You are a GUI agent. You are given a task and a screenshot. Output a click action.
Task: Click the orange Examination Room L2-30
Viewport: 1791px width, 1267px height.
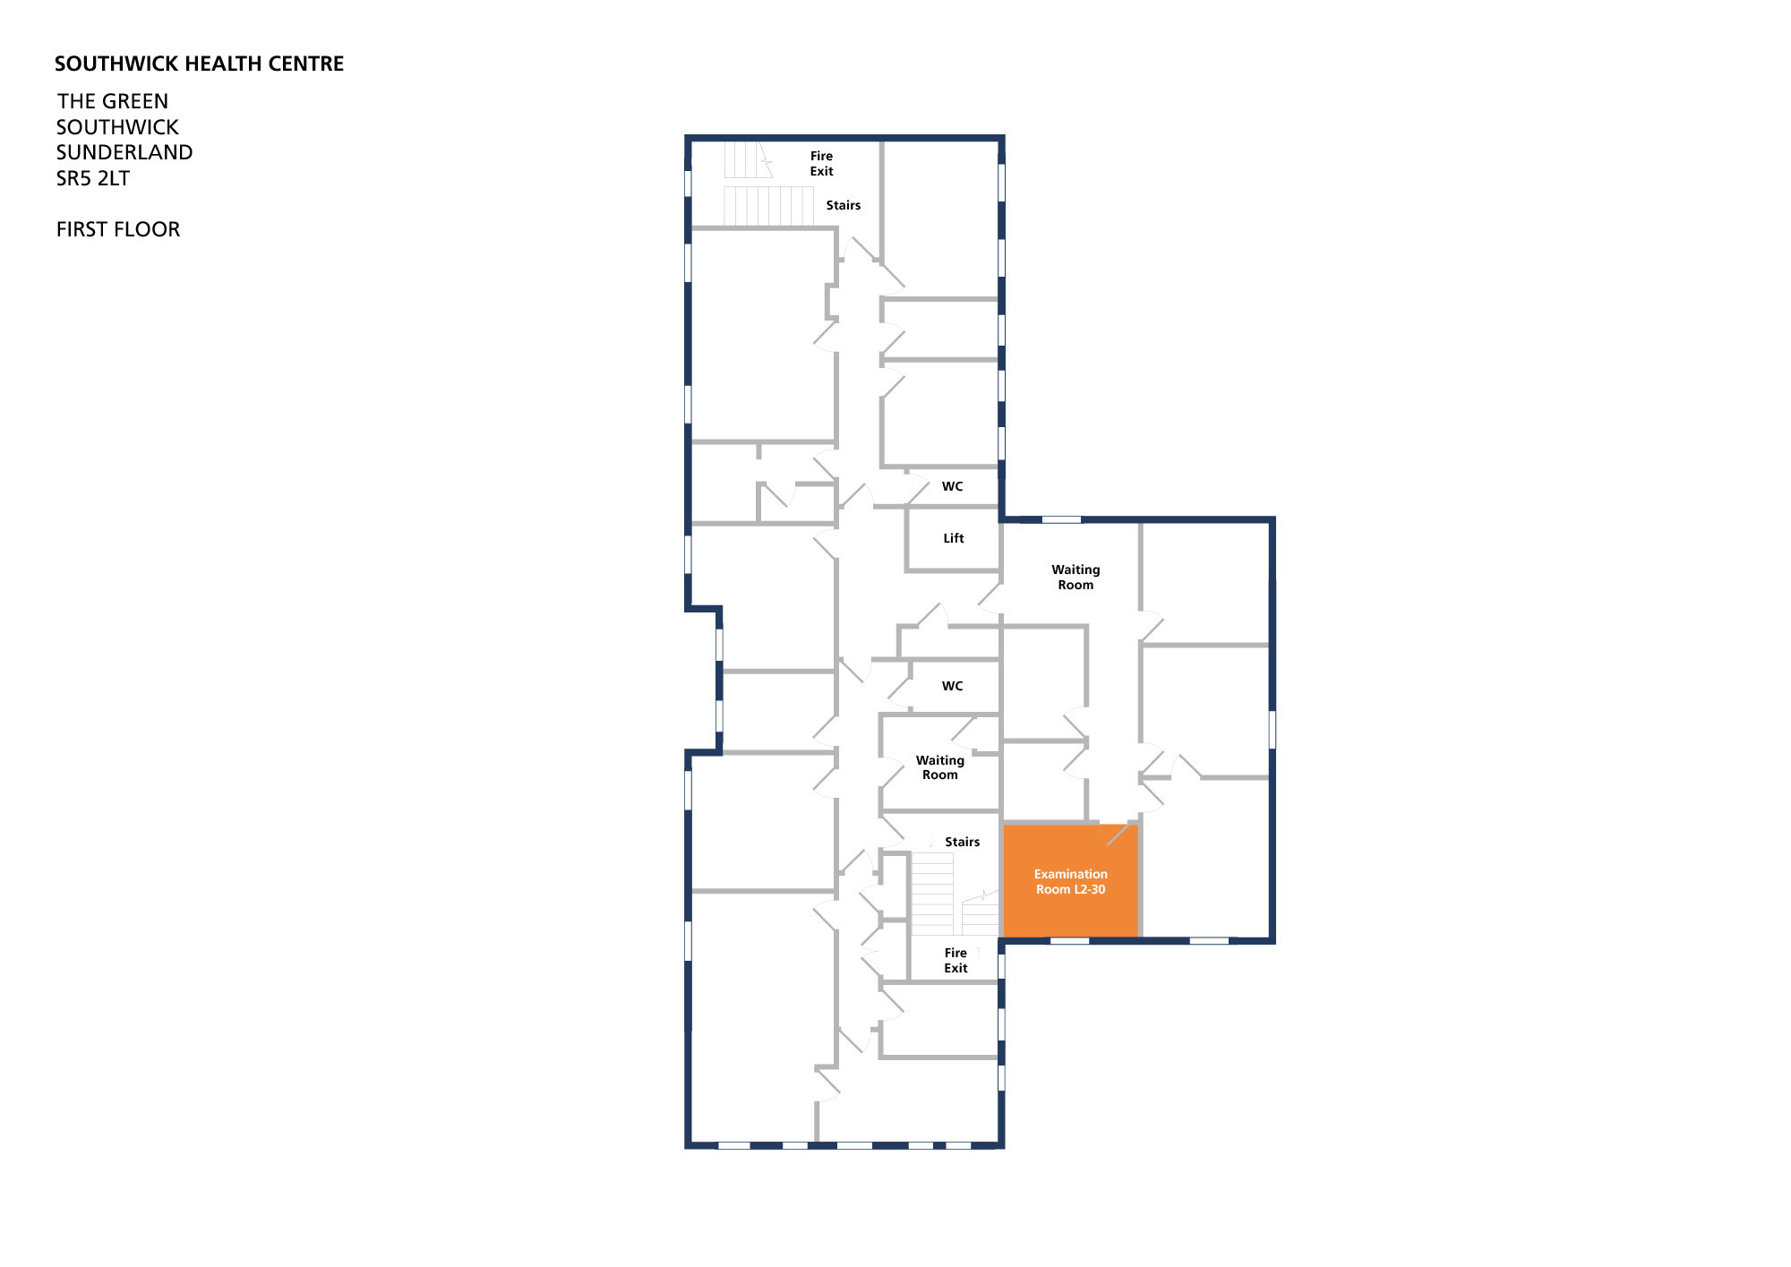tap(1070, 880)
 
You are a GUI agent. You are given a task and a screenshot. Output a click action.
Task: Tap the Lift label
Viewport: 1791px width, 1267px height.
tap(954, 538)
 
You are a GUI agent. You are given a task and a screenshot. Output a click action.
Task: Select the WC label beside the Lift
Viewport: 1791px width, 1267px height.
tap(952, 486)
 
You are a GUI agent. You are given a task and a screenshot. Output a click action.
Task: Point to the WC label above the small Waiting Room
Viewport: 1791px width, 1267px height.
tap(952, 686)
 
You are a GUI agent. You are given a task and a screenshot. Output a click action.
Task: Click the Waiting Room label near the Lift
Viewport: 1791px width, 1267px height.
tap(1075, 577)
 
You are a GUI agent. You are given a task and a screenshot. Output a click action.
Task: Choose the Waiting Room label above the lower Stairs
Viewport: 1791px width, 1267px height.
tap(940, 767)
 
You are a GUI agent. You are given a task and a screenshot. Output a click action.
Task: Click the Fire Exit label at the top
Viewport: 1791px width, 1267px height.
tap(821, 163)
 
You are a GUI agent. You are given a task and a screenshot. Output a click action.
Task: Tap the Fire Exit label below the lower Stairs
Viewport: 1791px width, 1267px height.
tap(955, 960)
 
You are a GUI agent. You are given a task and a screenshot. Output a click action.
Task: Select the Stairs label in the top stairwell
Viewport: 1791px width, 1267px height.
tap(844, 205)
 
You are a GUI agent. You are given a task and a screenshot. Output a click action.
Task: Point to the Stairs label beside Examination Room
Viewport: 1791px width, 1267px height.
tap(963, 842)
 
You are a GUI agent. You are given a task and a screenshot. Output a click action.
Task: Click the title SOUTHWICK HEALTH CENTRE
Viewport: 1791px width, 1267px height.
tap(200, 64)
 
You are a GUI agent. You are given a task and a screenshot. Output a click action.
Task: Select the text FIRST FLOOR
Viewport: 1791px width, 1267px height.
tap(118, 229)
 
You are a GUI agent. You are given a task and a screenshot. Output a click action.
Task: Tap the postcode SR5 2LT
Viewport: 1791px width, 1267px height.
tap(93, 178)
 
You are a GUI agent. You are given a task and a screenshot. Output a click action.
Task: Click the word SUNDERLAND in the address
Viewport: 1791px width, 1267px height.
tap(124, 152)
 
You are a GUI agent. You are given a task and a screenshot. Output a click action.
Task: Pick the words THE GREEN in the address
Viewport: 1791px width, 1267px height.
tap(113, 101)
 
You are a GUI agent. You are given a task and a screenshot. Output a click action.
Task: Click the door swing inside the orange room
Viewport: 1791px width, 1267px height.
tap(1117, 835)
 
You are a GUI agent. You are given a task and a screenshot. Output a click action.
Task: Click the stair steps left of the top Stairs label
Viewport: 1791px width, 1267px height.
tap(769, 206)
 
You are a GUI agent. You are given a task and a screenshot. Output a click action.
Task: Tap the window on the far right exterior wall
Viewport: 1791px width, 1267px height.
tap(1272, 729)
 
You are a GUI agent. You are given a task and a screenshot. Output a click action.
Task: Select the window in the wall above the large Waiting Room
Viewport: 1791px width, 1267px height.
tap(1061, 519)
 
